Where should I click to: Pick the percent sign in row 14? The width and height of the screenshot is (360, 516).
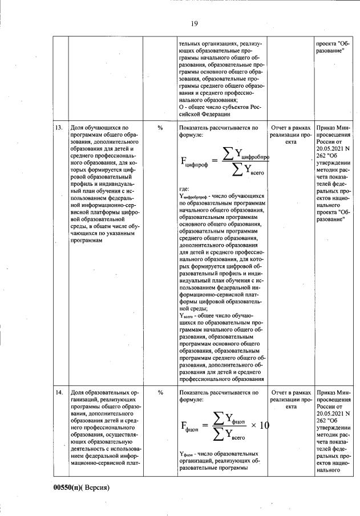click(x=160, y=393)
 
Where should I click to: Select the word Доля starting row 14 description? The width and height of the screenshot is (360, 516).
click(x=77, y=393)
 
